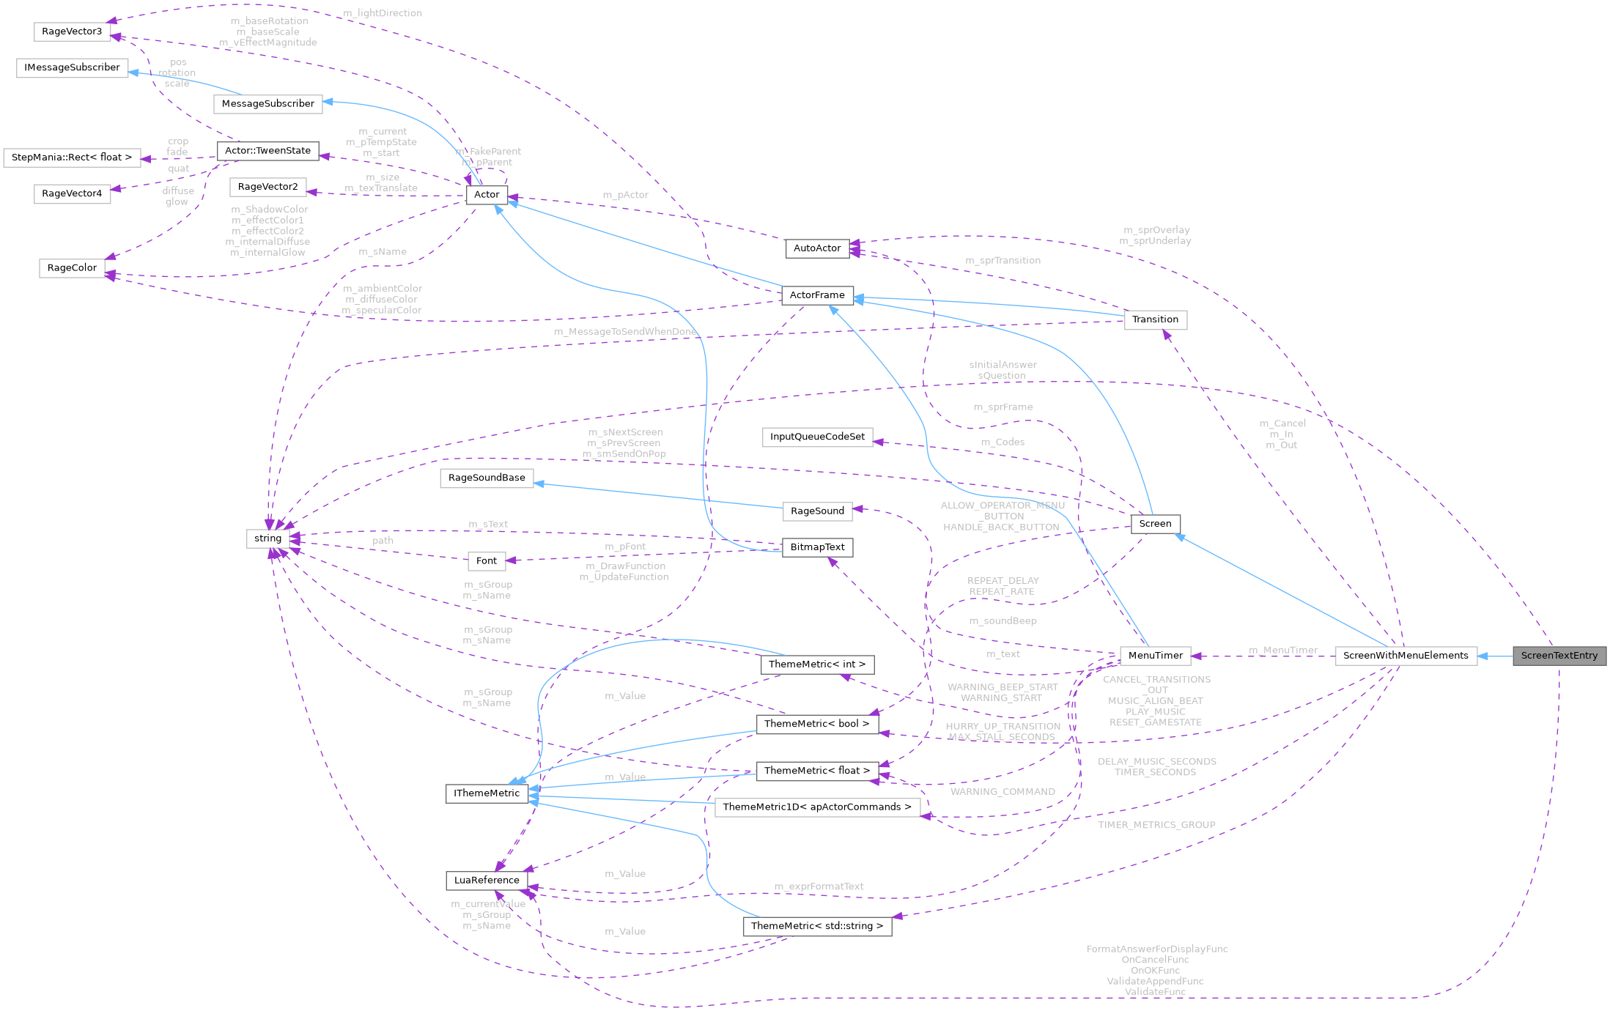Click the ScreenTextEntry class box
click(1559, 656)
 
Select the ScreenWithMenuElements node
click(1405, 656)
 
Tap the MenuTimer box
click(1155, 656)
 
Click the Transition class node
click(1155, 319)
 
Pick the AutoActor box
click(817, 248)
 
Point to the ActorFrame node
click(817, 295)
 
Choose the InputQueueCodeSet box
click(817, 437)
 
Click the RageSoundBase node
click(487, 478)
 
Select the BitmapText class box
click(817, 547)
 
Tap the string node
click(267, 538)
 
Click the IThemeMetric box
click(487, 793)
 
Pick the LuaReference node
click(487, 881)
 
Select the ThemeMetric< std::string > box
click(817, 926)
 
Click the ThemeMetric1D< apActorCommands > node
click(817, 807)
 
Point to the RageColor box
click(72, 268)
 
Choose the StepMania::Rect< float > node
click(72, 158)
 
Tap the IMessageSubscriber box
click(72, 67)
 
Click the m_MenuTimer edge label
click(1282, 650)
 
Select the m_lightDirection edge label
click(383, 13)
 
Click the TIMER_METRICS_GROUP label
click(1156, 825)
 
